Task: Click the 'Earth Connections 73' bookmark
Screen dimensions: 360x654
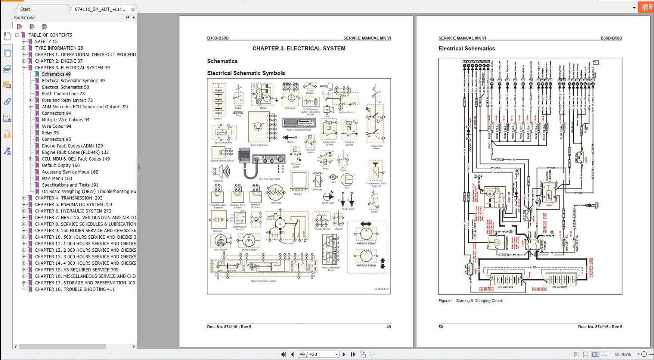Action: pyautogui.click(x=63, y=94)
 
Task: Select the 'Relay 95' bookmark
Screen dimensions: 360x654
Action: pyautogui.click(x=50, y=133)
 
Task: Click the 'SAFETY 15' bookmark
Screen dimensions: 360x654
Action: pyautogui.click(x=46, y=41)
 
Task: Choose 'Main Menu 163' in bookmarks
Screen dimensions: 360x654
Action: pyautogui.click(x=57, y=179)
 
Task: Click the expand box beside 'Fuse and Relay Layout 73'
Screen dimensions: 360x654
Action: pyautogui.click(x=31, y=100)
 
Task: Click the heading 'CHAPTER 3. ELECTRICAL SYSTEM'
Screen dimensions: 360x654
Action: pyautogui.click(x=298, y=49)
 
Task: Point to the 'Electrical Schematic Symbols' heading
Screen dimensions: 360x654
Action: pyautogui.click(x=246, y=73)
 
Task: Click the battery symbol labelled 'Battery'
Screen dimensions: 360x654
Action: pyautogui.click(x=218, y=100)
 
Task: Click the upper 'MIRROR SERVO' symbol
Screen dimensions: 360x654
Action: pyautogui.click(x=366, y=234)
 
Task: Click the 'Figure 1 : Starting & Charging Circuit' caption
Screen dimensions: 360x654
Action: pyautogui.click(x=470, y=301)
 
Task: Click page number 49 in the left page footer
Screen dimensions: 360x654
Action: pyautogui.click(x=388, y=327)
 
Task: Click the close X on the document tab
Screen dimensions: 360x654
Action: pyautogui.click(x=133, y=9)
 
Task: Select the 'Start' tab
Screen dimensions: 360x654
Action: pyautogui.click(x=25, y=9)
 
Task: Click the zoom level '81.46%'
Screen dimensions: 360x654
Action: pyautogui.click(x=623, y=354)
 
